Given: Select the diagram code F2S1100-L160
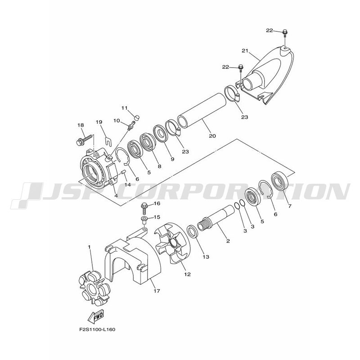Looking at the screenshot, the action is pyautogui.click(x=97, y=330).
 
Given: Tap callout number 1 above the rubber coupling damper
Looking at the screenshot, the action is pyautogui.click(x=89, y=247).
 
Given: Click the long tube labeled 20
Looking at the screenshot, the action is pyautogui.click(x=201, y=110).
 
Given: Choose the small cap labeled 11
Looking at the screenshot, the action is pyautogui.click(x=136, y=118).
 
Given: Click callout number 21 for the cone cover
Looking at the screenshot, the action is pyautogui.click(x=245, y=50).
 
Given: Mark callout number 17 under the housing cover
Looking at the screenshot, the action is pyautogui.click(x=157, y=291).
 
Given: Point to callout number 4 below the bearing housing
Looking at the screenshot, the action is pyautogui.click(x=116, y=196).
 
